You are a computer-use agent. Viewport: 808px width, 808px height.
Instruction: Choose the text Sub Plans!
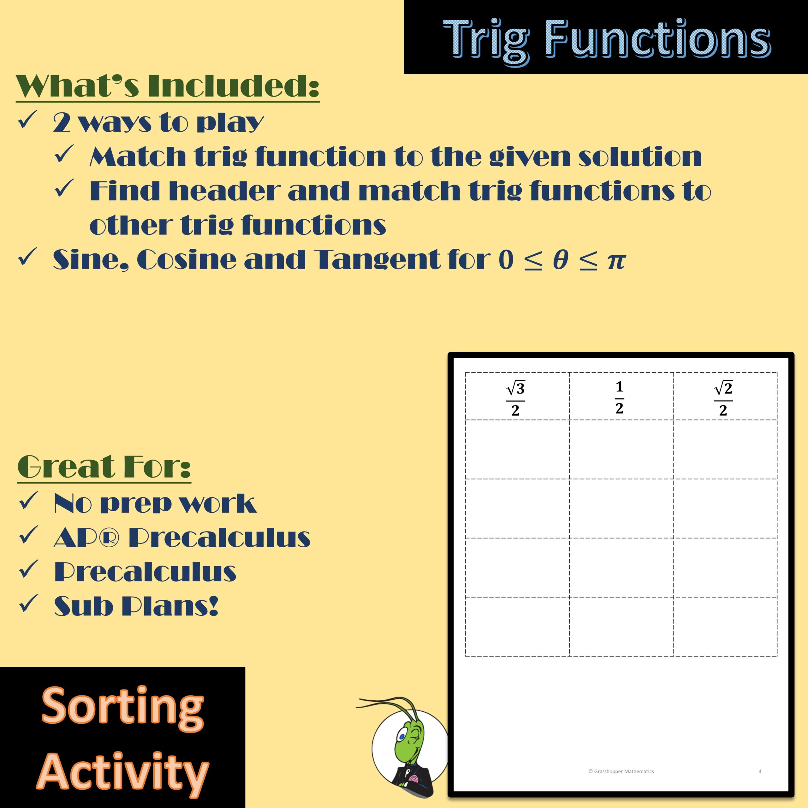click(x=136, y=606)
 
